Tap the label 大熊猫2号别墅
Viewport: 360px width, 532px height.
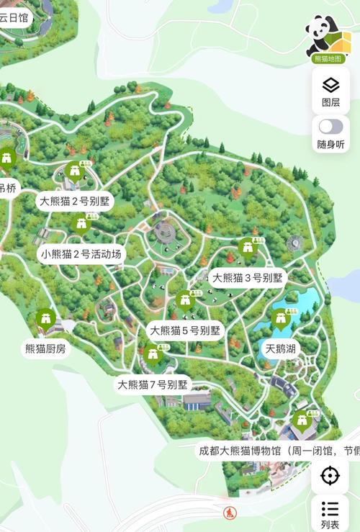[75, 201]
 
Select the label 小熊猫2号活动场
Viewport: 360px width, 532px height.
[82, 253]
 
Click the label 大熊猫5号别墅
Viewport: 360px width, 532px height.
[184, 330]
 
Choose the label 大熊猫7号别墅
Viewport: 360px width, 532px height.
[153, 384]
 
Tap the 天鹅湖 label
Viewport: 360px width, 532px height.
[281, 349]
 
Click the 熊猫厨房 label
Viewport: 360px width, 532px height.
[45, 349]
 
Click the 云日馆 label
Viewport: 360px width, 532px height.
[14, 18]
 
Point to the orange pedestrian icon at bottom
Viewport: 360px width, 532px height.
[230, 513]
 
